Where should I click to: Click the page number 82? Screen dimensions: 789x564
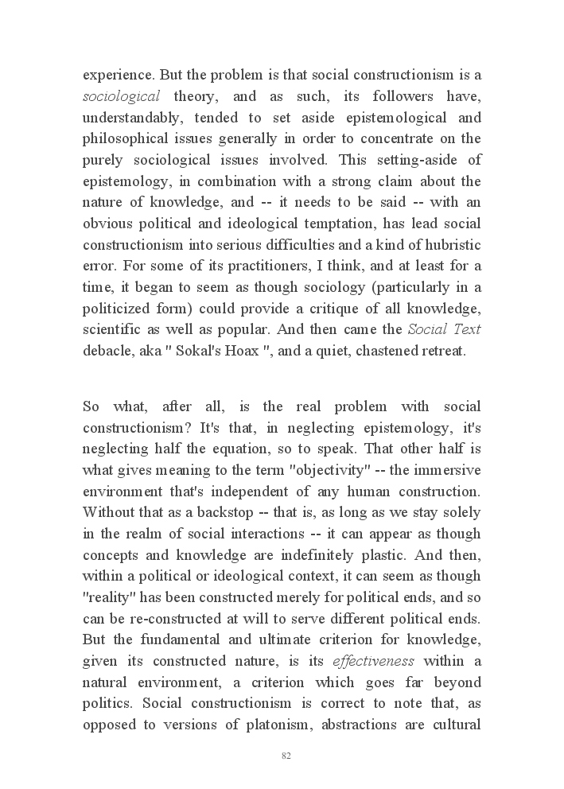[286, 756]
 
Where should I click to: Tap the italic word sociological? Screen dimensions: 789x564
[122, 97]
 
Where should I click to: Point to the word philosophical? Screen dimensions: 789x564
[126, 139]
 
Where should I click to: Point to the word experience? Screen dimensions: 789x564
[118, 76]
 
